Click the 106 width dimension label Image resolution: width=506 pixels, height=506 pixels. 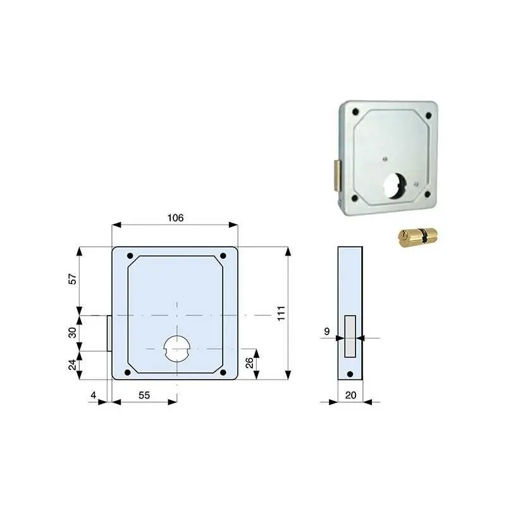click(175, 218)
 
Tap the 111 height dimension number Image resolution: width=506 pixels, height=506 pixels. click(281, 313)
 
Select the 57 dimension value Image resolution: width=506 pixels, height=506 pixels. click(72, 279)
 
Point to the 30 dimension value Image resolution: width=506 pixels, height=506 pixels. click(72, 333)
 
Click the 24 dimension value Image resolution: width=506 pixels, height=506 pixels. click(72, 365)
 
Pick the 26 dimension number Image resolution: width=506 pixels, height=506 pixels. click(249, 363)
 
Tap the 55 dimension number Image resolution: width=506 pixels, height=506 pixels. click(144, 395)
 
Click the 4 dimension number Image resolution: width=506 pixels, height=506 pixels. click(93, 395)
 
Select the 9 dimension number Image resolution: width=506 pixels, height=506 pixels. click(327, 331)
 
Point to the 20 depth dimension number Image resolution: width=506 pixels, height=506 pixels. click(351, 395)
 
